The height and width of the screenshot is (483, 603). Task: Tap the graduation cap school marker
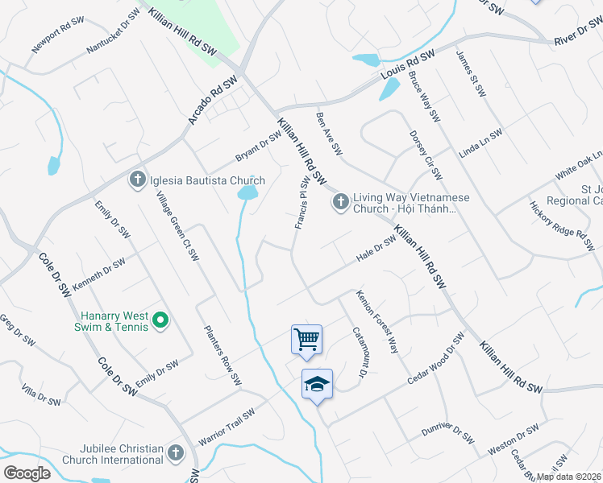click(x=317, y=384)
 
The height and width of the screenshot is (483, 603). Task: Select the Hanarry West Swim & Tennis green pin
click(x=160, y=321)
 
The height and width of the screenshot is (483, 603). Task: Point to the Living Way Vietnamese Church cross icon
click(x=340, y=202)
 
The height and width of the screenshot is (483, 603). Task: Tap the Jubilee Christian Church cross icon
click(x=176, y=453)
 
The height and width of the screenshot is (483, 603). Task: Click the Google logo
click(x=27, y=473)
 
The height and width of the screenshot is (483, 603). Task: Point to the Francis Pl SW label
click(x=301, y=202)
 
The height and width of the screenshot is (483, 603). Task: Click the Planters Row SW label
click(x=222, y=354)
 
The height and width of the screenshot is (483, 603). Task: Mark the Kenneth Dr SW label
click(x=98, y=274)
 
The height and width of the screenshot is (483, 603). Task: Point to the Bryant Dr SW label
click(x=258, y=146)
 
